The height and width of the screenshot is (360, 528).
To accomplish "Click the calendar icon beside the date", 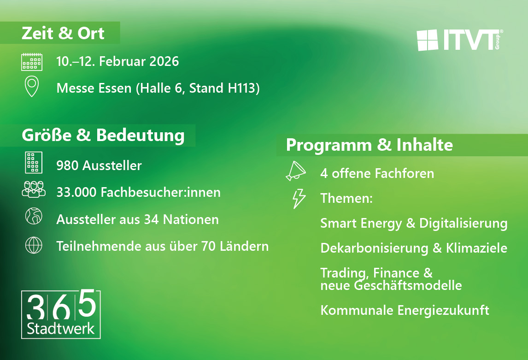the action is [x=32, y=62].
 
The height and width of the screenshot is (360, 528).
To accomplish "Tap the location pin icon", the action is [x=32, y=86].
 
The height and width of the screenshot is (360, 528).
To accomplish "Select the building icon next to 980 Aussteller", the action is [x=34, y=162].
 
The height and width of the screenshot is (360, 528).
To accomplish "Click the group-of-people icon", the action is [x=34, y=189].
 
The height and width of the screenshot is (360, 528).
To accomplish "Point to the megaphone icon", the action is [x=296, y=171].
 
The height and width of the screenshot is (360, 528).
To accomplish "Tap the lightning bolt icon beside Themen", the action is [x=299, y=198].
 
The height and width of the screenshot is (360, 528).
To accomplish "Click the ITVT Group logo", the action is [x=460, y=40].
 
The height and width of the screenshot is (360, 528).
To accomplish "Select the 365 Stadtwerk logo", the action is [x=61, y=314].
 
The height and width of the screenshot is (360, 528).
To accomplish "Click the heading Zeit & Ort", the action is [x=63, y=33].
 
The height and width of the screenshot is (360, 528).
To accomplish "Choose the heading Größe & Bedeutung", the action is [x=103, y=136].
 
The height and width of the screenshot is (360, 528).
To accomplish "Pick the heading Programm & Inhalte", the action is [x=370, y=145].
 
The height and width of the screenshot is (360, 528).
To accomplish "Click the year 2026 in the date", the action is [x=164, y=61].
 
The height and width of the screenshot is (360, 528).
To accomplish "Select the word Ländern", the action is [x=244, y=246].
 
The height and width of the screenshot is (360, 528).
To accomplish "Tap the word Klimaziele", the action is [x=476, y=248].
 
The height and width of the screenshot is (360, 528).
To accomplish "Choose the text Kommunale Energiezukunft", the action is [x=405, y=310].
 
